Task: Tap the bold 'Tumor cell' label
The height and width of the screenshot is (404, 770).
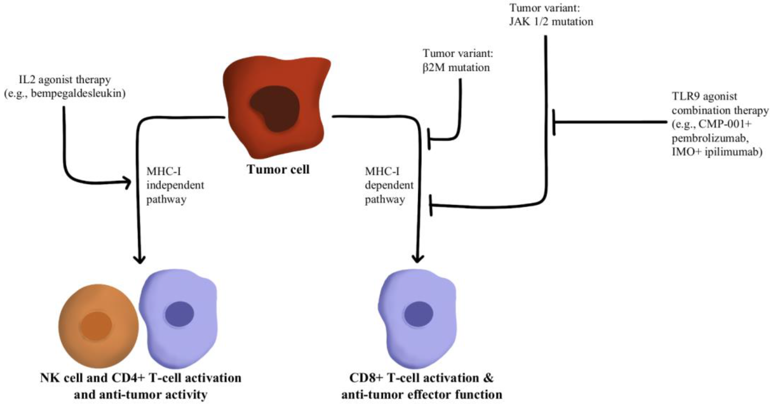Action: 278,170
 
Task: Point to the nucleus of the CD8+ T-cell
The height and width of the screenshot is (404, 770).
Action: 418,314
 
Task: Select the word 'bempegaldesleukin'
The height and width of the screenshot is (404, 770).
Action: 78,94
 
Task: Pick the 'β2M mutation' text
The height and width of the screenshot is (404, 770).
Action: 456,67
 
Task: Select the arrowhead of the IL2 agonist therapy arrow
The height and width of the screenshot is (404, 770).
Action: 128,182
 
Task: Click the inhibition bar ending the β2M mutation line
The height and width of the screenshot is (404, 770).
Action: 429,139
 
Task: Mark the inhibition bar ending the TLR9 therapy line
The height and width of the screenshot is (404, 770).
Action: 554,122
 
